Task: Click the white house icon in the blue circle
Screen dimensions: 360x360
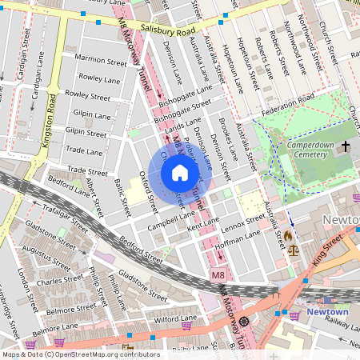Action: pyautogui.click(x=180, y=173)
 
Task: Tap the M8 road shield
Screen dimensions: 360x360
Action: pyautogui.click(x=218, y=276)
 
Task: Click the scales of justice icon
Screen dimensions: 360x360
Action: pyautogui.click(x=292, y=250)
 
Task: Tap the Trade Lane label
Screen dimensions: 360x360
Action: pyautogui.click(x=85, y=150)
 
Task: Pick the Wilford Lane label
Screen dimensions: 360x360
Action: pyautogui.click(x=175, y=319)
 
